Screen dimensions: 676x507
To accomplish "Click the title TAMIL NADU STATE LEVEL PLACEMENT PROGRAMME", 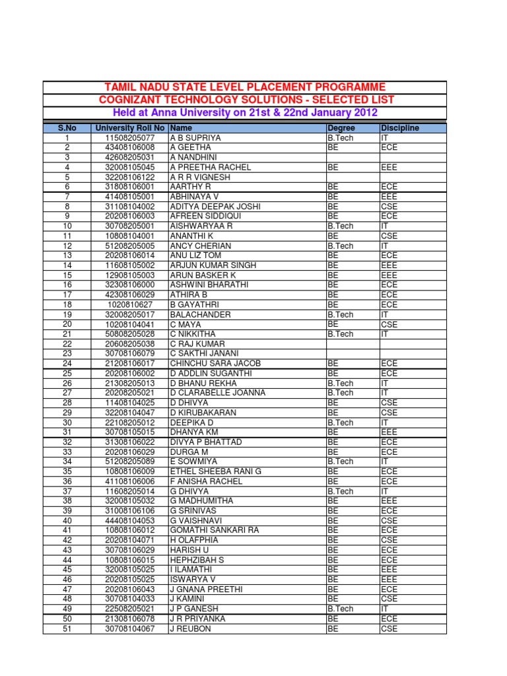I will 245,87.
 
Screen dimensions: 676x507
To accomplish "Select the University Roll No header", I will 130,128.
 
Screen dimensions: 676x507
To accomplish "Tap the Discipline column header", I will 399,128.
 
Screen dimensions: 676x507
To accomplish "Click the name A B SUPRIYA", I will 195,138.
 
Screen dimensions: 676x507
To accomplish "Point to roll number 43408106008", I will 130,148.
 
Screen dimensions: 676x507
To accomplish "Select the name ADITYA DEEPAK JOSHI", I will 215,207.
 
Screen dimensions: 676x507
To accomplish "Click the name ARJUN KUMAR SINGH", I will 212,265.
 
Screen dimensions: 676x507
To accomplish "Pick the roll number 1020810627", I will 130,305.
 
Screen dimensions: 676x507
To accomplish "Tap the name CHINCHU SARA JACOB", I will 215,364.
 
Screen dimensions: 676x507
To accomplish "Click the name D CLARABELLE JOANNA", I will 218,393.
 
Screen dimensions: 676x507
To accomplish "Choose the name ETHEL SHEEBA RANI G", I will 216,471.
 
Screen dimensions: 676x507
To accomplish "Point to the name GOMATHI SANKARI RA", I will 215,530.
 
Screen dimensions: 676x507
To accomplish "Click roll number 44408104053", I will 130,520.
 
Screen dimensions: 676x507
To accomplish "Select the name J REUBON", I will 191,628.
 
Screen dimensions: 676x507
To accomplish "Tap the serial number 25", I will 67,374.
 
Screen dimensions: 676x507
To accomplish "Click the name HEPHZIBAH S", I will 197,560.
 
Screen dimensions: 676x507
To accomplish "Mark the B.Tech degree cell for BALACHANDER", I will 341,315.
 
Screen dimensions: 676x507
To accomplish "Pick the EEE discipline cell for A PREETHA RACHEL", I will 389,168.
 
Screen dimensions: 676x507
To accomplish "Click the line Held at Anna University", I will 245,112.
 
